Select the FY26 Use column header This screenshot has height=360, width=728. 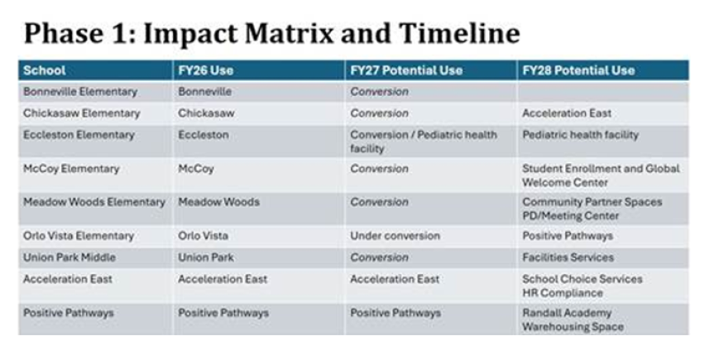click(206, 70)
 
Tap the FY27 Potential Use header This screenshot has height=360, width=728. click(406, 70)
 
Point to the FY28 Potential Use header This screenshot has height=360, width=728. click(578, 70)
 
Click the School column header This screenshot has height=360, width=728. click(44, 70)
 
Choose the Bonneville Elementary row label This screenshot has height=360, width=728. click(80, 92)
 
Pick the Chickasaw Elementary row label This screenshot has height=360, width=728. click(81, 113)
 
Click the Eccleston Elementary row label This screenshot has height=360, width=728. click(79, 135)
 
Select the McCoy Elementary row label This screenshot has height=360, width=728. click(71, 169)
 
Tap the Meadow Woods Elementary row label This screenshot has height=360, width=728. click(94, 202)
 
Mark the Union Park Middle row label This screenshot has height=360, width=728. click(69, 257)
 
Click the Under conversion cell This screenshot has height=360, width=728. click(395, 236)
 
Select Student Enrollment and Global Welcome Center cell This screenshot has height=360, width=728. click(601, 175)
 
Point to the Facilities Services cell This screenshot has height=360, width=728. click(568, 257)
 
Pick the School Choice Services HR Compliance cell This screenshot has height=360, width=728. click(582, 286)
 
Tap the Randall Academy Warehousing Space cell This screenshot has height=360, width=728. click(573, 319)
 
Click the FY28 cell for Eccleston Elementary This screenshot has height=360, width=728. click(581, 135)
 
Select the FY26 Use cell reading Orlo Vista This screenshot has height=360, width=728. click(203, 236)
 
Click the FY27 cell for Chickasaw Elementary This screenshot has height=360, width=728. click(380, 113)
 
